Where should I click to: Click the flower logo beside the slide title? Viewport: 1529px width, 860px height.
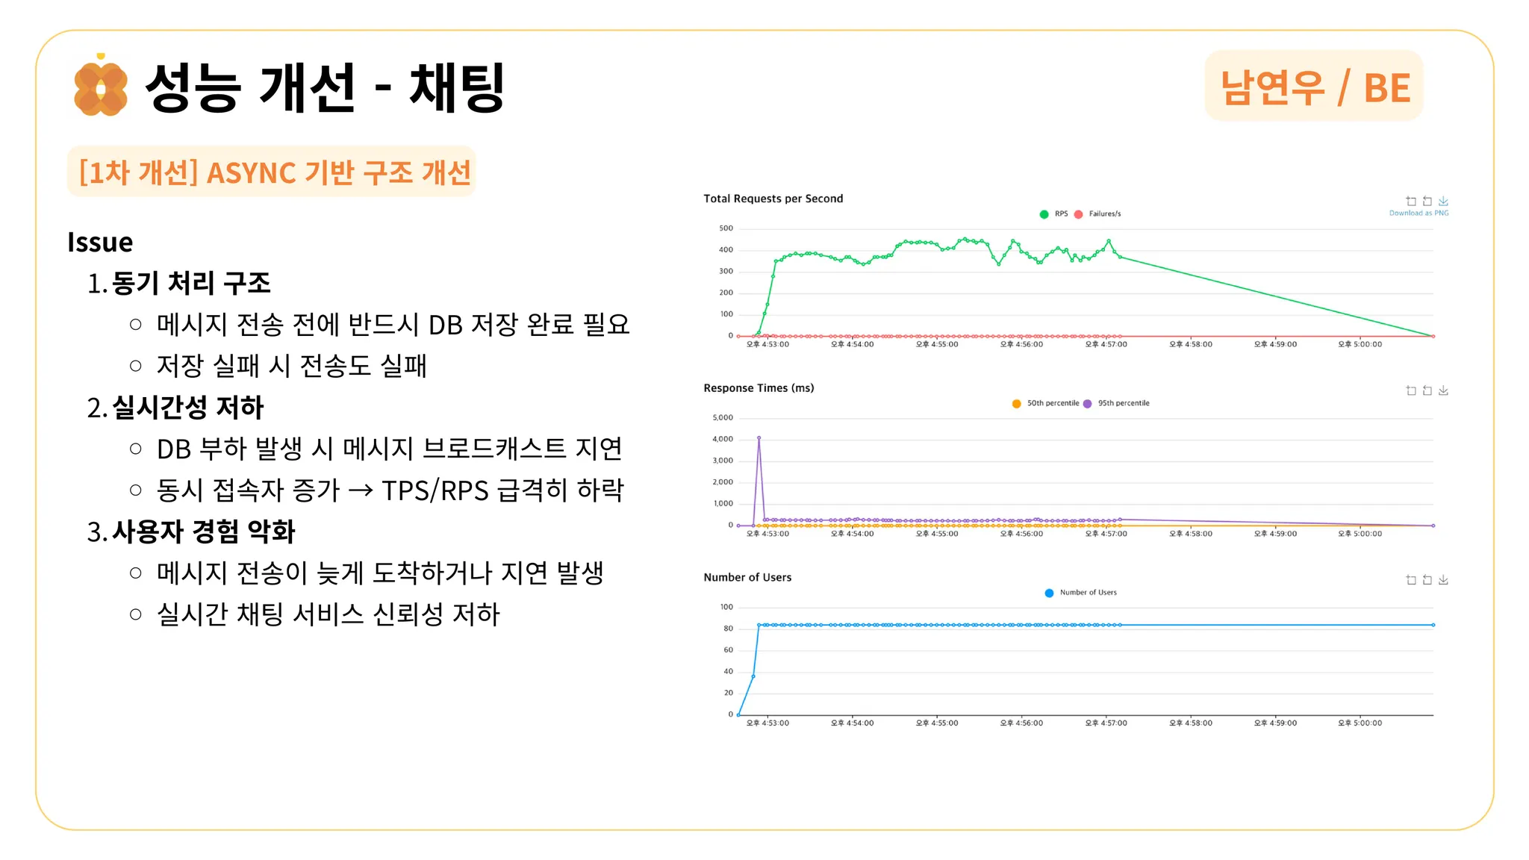(x=101, y=88)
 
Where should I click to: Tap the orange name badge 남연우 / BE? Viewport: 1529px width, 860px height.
(x=1314, y=87)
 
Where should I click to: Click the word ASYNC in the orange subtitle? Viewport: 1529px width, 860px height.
(x=251, y=173)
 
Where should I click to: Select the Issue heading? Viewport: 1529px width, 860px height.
(x=100, y=243)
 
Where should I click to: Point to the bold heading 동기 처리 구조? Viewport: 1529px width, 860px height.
(x=191, y=284)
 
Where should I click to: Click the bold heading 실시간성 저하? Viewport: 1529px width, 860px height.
(x=188, y=408)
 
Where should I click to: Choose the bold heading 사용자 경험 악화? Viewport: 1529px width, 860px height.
(x=204, y=532)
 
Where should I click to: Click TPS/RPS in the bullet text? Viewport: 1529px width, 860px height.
(x=435, y=490)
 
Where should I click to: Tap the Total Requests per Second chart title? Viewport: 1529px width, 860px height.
(x=773, y=199)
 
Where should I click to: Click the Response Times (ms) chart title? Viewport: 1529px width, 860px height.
(x=759, y=388)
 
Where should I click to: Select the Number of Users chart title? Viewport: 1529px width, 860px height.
(x=747, y=577)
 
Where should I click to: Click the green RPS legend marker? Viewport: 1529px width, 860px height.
(x=1044, y=214)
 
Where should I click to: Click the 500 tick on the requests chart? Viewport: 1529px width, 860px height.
(x=726, y=228)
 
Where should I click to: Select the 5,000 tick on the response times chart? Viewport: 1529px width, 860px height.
(x=723, y=417)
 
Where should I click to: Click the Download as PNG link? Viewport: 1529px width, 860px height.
(x=1419, y=214)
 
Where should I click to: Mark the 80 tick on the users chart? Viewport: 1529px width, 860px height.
(x=728, y=629)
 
